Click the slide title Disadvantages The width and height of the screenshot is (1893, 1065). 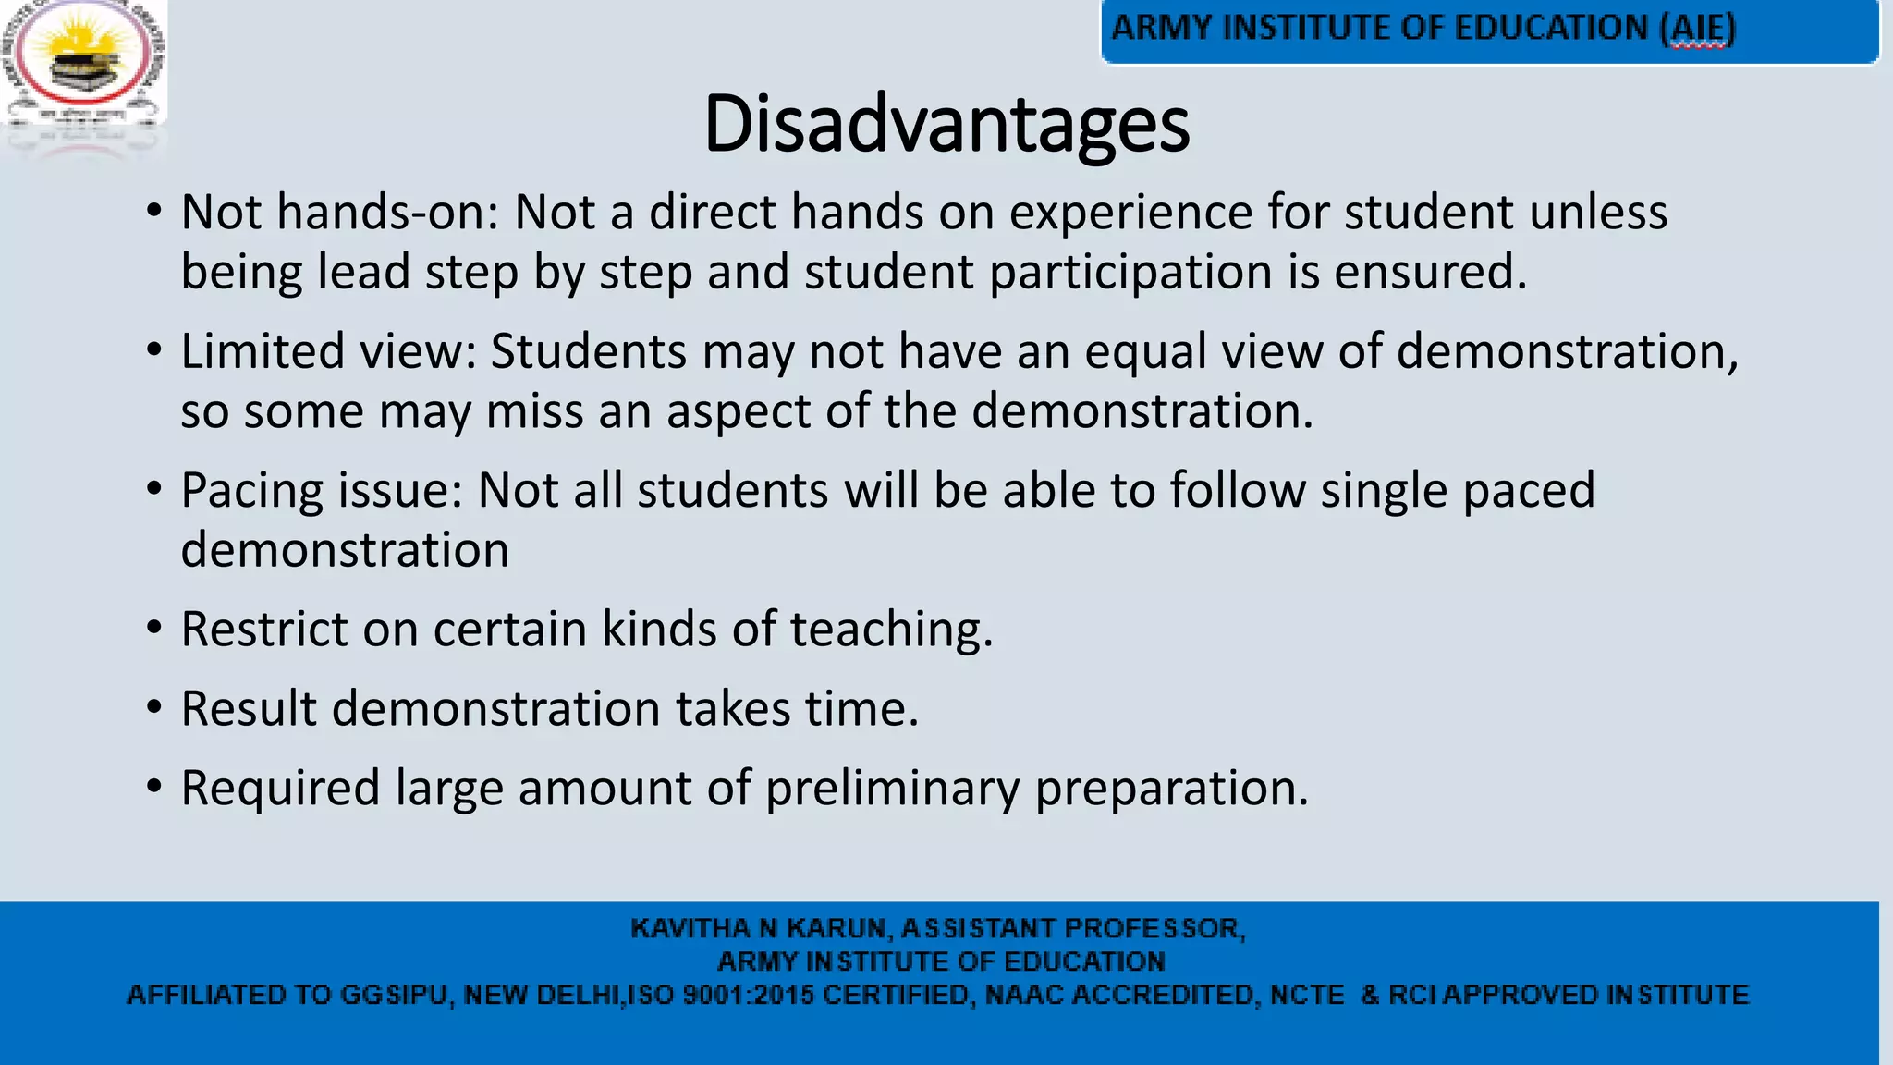click(x=946, y=125)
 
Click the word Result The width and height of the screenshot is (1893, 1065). click(x=249, y=709)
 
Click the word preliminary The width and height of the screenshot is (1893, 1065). click(x=892, y=789)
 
